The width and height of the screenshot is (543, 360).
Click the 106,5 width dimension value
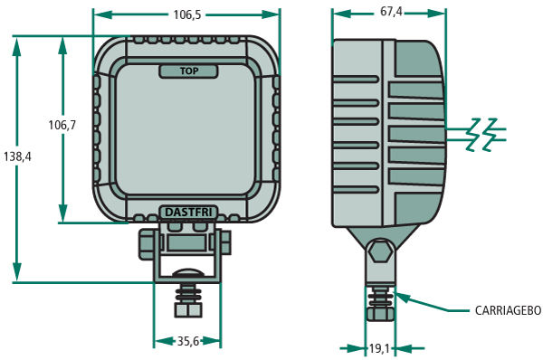pyautogui.click(x=187, y=14)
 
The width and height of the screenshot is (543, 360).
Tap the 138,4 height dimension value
pyautogui.click(x=17, y=156)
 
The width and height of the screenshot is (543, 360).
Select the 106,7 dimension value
pyautogui.click(x=62, y=125)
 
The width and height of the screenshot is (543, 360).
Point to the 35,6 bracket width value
pyautogui.click(x=188, y=341)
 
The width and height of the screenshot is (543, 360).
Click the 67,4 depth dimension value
pyautogui.click(x=391, y=12)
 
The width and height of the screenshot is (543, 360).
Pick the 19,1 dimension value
pyautogui.click(x=379, y=348)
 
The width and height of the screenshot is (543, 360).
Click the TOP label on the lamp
pyautogui.click(x=189, y=71)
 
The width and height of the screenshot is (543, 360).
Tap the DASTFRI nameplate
pyautogui.click(x=188, y=213)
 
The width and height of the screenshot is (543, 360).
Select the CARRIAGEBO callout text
pyautogui.click(x=508, y=310)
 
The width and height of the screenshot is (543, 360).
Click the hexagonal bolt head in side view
pyautogui.click(x=381, y=251)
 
